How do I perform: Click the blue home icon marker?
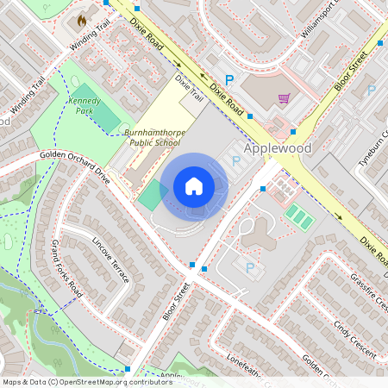point(194,185)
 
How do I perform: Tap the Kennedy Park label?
point(84,106)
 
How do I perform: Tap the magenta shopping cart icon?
point(284,97)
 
